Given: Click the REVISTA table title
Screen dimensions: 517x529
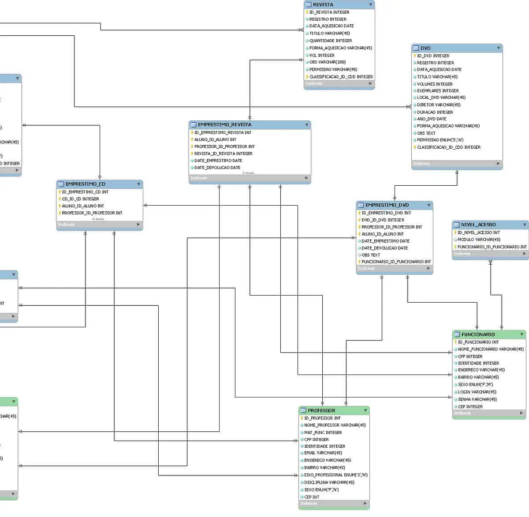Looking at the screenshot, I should [x=323, y=4].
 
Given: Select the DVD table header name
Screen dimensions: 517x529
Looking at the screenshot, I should [x=425, y=48].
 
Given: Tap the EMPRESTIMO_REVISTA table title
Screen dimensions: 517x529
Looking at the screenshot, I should [x=224, y=125].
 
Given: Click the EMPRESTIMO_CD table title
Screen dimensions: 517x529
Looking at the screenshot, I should [x=86, y=184].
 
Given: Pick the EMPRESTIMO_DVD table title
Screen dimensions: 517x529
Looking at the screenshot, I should [x=387, y=205].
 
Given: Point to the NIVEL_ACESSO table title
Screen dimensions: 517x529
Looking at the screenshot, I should [x=478, y=225].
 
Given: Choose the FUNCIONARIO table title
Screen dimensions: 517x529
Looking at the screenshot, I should [x=478, y=334].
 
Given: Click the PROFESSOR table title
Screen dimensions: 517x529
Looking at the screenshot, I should [x=321, y=410].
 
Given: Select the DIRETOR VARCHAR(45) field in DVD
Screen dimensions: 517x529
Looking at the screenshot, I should [x=439, y=105].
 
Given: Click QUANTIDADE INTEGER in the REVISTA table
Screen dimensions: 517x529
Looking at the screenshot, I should [x=331, y=41].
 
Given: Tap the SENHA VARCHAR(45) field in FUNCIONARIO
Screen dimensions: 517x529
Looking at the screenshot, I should [x=477, y=399].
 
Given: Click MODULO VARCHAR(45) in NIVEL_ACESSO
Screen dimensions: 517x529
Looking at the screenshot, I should [x=479, y=240].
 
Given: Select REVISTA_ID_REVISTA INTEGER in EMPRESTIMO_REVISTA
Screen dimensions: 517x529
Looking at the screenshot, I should [x=223, y=154].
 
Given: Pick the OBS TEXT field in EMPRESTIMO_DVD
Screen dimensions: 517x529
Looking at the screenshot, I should [x=371, y=255].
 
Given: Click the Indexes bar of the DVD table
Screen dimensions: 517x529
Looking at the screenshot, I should [x=457, y=164].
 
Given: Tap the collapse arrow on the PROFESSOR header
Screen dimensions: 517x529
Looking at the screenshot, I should [x=365, y=411].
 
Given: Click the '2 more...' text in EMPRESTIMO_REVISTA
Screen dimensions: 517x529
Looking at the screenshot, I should [x=249, y=173].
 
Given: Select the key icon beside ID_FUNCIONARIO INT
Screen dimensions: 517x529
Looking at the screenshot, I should [x=455, y=342].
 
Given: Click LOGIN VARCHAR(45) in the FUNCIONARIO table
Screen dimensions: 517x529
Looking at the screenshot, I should [x=477, y=392].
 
